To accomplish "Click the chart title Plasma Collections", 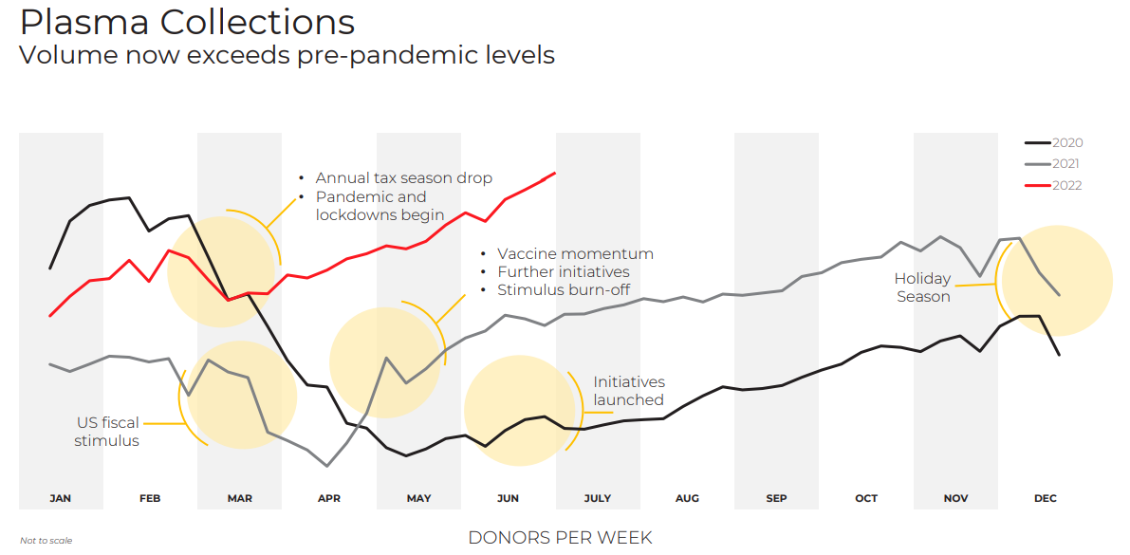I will coord(187,22).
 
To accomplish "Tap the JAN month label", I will coord(60,498).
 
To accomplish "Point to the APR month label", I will coord(329,498).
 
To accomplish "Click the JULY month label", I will coord(598,498).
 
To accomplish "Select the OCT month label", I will coord(866,498).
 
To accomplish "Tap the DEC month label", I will coord(1046,498).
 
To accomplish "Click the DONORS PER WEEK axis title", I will coord(560,538).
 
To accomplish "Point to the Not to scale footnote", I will coord(46,541).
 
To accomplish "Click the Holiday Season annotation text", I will coord(922,287).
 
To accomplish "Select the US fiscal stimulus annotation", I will coord(107,432).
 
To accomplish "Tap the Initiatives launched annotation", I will coord(629,391).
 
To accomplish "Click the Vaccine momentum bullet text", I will coord(575,254).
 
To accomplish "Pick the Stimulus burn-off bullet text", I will coord(563,290).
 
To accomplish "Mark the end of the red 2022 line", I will coord(554,173).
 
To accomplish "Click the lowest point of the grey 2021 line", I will coord(327,466).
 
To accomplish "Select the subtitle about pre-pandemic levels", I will coord(287,55).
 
